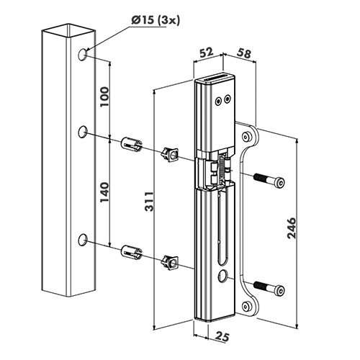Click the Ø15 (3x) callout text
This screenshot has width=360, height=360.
tap(155, 20)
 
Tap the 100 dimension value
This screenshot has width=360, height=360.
tap(104, 97)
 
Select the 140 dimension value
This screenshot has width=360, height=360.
tap(104, 192)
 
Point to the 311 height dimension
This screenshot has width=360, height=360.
tap(150, 202)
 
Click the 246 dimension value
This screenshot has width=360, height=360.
tap(292, 228)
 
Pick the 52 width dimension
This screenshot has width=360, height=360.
tap(206, 52)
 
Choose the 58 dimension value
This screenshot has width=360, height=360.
tap(244, 53)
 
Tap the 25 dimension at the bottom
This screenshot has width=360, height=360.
tap(221, 336)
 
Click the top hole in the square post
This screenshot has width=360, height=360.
tap(82, 55)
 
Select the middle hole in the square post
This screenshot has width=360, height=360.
tap(83, 132)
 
